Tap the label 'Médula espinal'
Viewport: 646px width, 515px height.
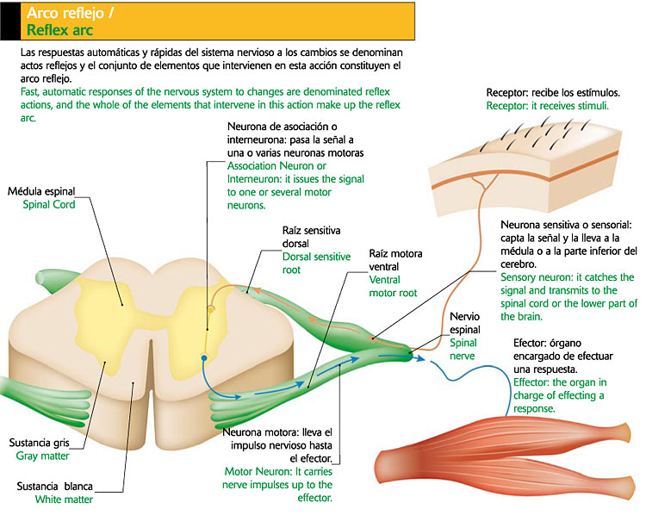(41, 191)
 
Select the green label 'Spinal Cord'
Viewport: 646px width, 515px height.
(49, 205)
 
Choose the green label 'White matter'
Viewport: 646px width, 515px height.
(64, 499)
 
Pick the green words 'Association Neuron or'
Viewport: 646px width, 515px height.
(276, 165)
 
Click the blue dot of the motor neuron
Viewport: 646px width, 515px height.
(203, 356)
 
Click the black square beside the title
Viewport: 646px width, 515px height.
(9, 21)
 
